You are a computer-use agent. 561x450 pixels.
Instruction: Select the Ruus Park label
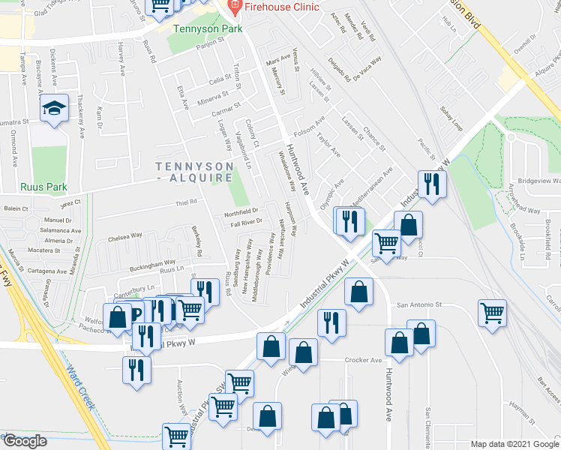44,187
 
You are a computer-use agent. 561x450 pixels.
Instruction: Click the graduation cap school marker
55,110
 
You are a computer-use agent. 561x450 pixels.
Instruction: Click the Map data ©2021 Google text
514,444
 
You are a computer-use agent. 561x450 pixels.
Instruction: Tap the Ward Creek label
81,387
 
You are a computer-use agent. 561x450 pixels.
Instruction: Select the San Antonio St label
421,305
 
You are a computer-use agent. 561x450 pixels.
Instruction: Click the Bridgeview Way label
539,181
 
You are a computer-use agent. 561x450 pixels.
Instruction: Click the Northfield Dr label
241,211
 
